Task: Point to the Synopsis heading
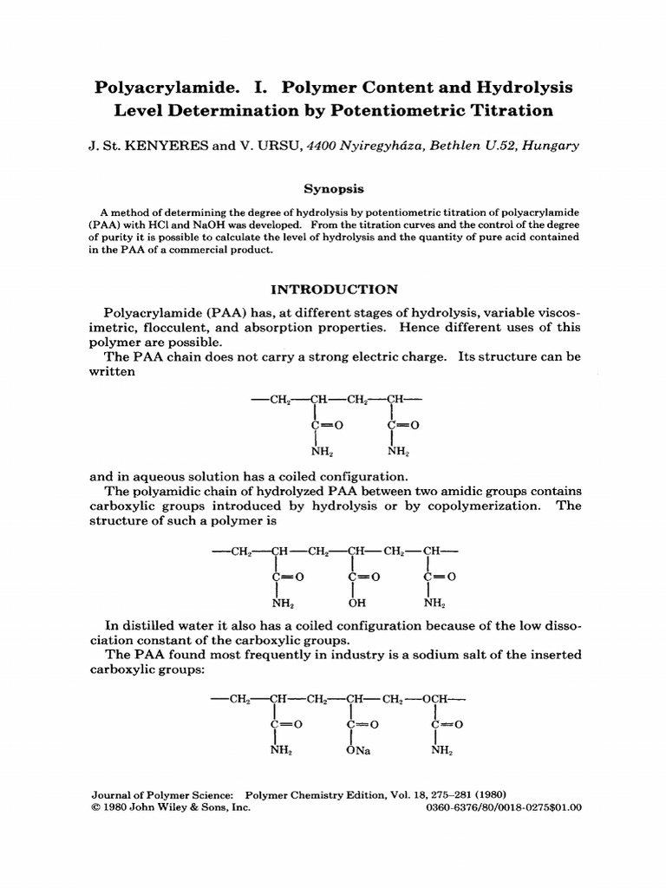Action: pyautogui.click(x=332, y=187)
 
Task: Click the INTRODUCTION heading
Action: pyautogui.click(x=332, y=290)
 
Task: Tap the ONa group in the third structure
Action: pyautogui.click(x=357, y=751)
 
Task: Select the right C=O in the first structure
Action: pyautogui.click(x=404, y=426)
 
